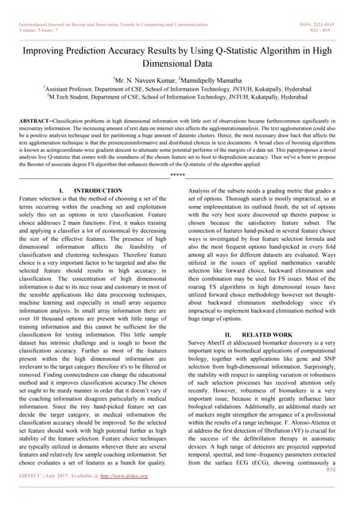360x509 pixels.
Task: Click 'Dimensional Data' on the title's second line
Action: (180, 65)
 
